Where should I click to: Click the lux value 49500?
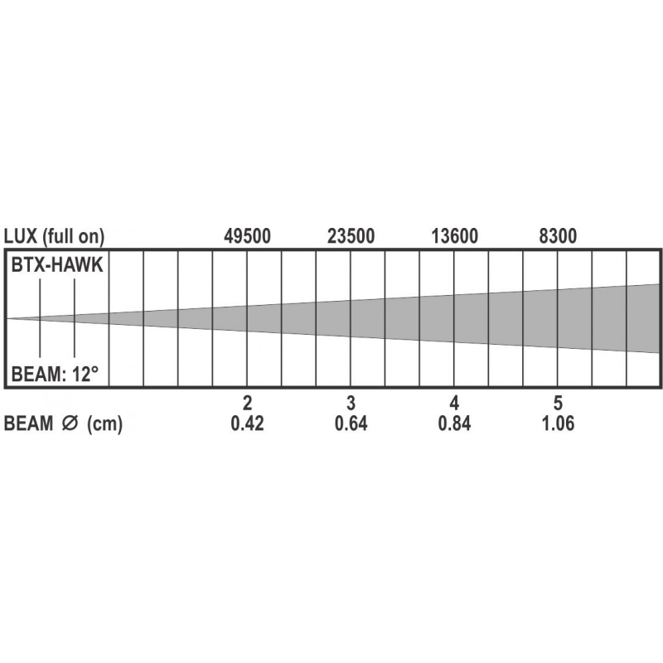click(x=247, y=236)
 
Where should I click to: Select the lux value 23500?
click(x=351, y=236)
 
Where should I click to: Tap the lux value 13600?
click(x=454, y=236)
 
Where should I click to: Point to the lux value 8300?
click(x=558, y=236)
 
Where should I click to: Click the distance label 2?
click(x=247, y=403)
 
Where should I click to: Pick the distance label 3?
click(x=351, y=403)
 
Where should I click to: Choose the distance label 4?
click(x=454, y=403)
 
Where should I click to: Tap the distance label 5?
click(x=558, y=403)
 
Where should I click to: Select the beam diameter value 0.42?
click(x=247, y=423)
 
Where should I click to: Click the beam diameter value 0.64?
click(x=351, y=423)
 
